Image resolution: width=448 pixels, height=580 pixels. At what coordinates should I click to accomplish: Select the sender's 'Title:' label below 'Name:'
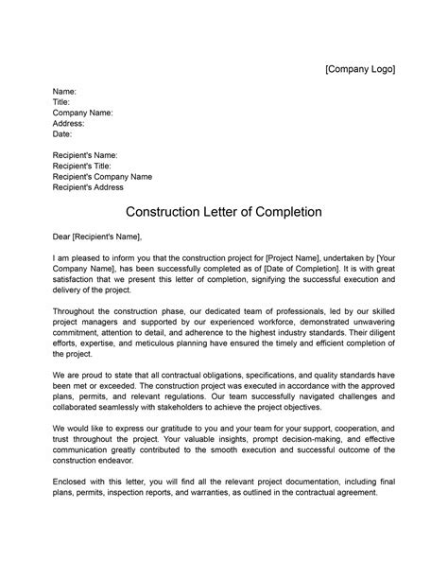[61, 102]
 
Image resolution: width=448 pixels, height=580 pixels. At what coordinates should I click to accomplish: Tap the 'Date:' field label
[62, 134]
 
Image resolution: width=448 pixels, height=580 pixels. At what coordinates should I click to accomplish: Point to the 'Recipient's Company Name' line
[102, 177]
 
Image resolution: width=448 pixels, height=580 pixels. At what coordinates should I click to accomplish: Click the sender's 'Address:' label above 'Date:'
[68, 123]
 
